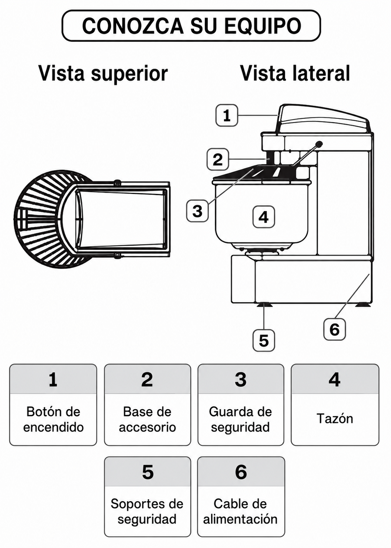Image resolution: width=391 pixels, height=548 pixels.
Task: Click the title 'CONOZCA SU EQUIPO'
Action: (191, 26)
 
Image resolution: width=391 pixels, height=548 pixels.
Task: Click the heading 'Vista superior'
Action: (103, 73)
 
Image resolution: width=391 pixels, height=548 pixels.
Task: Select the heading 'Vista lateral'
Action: (295, 73)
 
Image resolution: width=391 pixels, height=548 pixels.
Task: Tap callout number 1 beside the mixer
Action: (226, 115)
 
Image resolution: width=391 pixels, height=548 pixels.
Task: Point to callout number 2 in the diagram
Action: (218, 159)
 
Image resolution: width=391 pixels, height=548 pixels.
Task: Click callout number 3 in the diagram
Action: (197, 210)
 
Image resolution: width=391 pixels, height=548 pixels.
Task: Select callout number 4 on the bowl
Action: (263, 217)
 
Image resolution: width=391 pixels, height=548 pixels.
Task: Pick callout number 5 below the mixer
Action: (263, 340)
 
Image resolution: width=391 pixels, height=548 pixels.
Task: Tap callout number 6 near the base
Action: (335, 329)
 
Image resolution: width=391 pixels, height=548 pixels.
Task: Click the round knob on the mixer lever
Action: (319, 144)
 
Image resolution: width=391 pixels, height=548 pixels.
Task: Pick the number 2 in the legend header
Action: (147, 380)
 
